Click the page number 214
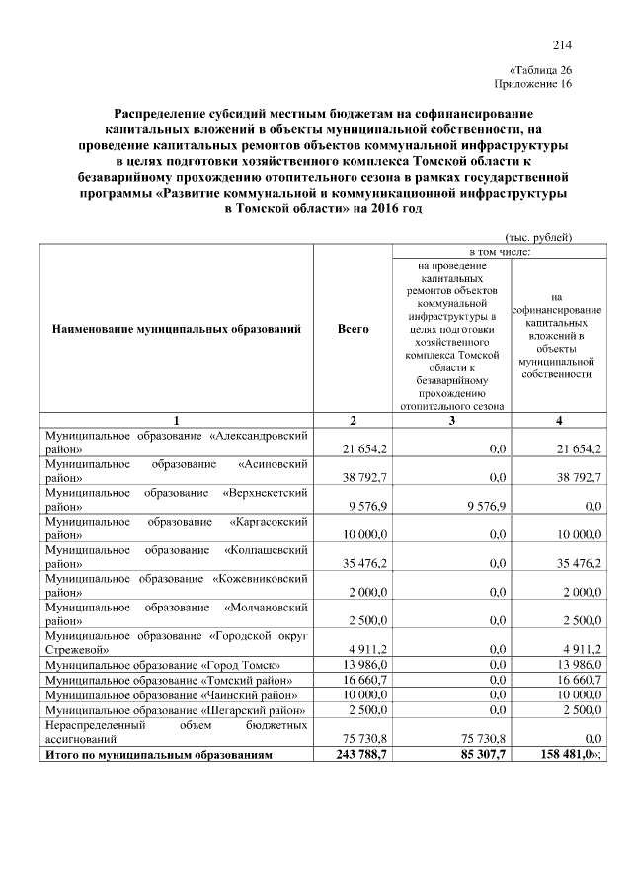coord(563,44)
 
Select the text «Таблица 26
coord(540,70)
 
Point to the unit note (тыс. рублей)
coord(538,236)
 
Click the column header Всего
coord(353,328)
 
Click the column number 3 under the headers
coord(452,421)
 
